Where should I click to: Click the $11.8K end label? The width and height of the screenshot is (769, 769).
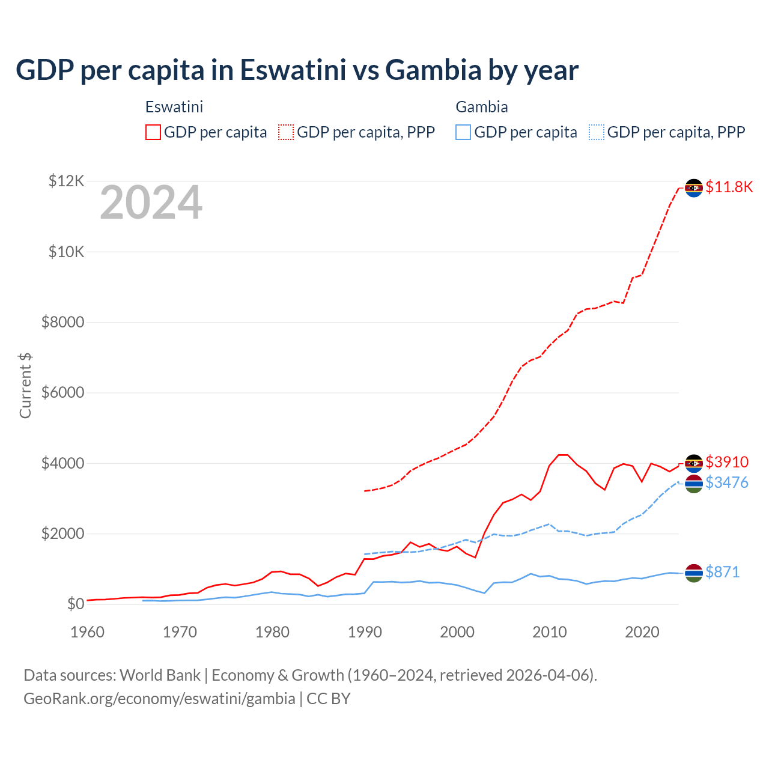point(729,187)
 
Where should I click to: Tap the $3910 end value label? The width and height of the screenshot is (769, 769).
point(727,462)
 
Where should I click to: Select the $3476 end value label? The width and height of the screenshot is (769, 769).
point(727,482)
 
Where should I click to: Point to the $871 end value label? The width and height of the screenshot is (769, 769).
point(722,572)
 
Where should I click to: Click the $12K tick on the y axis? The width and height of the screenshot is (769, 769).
point(67,181)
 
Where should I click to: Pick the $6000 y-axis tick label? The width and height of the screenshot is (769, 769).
point(63,392)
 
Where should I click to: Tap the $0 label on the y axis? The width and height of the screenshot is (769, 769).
point(75,604)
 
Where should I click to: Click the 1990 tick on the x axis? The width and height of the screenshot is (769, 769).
point(365,632)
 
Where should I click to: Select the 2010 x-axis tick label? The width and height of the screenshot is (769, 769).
point(550,632)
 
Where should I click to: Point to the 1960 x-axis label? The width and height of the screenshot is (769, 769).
point(88,632)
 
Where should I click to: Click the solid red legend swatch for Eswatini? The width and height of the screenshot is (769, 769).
point(153,132)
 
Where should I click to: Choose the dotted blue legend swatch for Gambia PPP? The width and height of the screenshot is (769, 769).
point(597,132)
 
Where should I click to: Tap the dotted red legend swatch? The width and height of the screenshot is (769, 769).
point(286,132)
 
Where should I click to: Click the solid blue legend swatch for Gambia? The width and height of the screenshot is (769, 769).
point(463,132)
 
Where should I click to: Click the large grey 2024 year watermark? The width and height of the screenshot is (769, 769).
point(151,202)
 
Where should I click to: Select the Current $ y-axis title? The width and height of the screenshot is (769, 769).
point(25,385)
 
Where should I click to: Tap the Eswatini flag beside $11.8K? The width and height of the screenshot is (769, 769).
point(694,188)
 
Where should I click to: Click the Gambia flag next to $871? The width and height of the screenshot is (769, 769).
point(694,573)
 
